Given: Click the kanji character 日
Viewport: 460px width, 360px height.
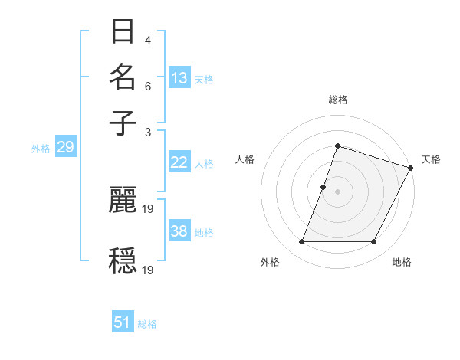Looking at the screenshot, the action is pos(123,33).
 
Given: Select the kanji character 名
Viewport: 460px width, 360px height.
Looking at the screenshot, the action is pos(123,77).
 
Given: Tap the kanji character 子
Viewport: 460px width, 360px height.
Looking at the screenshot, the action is pos(123,122).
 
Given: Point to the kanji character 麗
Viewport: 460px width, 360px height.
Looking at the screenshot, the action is pos(123,200).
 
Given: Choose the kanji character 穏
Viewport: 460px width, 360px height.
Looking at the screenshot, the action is pos(123,260).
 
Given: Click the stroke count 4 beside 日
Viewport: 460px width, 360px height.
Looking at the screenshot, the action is pos(147,41).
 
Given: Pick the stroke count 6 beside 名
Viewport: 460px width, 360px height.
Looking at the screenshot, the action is pos(147,87).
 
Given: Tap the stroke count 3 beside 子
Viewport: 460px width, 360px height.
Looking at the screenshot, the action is pos(147,131).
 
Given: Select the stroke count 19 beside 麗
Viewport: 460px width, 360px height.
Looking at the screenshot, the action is pos(149,208).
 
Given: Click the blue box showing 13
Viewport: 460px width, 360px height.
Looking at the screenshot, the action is pos(179,78).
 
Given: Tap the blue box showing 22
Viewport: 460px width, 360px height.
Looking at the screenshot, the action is pos(179,162).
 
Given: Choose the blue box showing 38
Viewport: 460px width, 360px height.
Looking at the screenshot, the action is pos(179,231).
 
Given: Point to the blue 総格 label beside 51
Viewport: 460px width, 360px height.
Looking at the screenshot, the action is pos(147,324).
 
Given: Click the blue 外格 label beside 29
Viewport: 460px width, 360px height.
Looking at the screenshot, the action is pos(41,149).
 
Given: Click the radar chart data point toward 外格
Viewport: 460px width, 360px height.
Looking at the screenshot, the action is pos(301,242).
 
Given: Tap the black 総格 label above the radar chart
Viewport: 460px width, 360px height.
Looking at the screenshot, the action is pos(337,100).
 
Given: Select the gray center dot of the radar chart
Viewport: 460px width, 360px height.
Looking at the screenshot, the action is pos(337,191).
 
